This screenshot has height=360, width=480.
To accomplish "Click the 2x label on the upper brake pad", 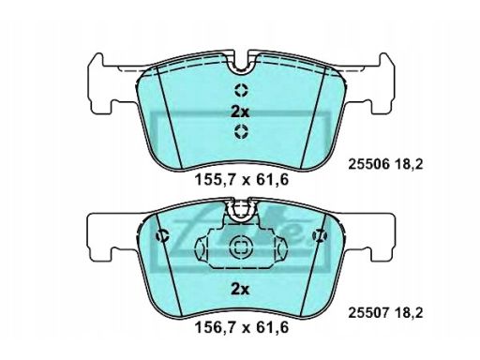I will tap(241, 111).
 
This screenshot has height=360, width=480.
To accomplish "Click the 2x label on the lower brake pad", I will tap(241, 290).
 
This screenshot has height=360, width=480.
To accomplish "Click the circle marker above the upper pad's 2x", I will tap(241, 90).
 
